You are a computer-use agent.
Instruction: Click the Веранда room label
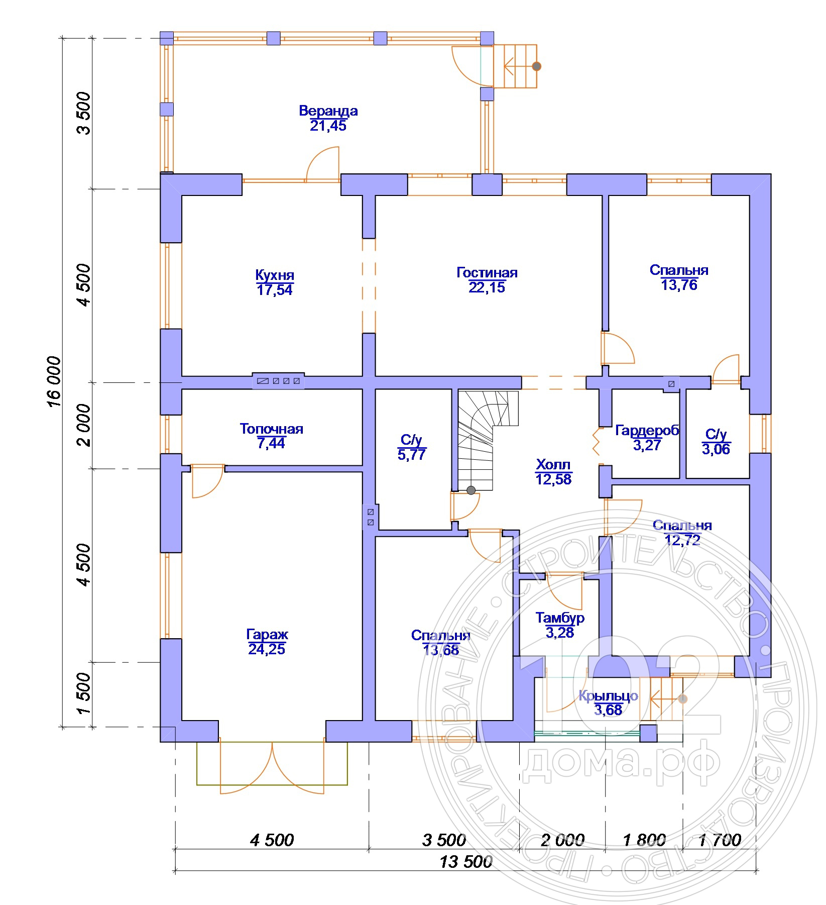tap(328, 111)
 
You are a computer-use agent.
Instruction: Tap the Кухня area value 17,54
tap(275, 290)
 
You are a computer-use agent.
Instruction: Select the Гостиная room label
tap(487, 272)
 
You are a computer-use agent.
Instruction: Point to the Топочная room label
tap(271, 429)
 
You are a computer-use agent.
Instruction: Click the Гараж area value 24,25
tap(267, 649)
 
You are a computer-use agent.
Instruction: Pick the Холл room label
tap(553, 464)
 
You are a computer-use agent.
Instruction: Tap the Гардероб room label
tap(647, 431)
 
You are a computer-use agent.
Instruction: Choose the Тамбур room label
tap(560, 618)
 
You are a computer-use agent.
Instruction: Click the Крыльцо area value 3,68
tap(608, 710)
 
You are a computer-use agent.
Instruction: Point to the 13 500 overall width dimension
tap(466, 862)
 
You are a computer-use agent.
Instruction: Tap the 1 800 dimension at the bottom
tap(644, 840)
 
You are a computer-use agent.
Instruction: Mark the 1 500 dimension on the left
tap(84, 694)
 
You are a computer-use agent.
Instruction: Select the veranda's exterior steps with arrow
tap(516, 66)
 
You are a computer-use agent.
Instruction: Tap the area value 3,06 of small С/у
tap(716, 449)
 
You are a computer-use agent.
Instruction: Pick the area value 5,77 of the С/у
tap(412, 455)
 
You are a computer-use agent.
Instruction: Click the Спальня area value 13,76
tap(679, 285)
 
